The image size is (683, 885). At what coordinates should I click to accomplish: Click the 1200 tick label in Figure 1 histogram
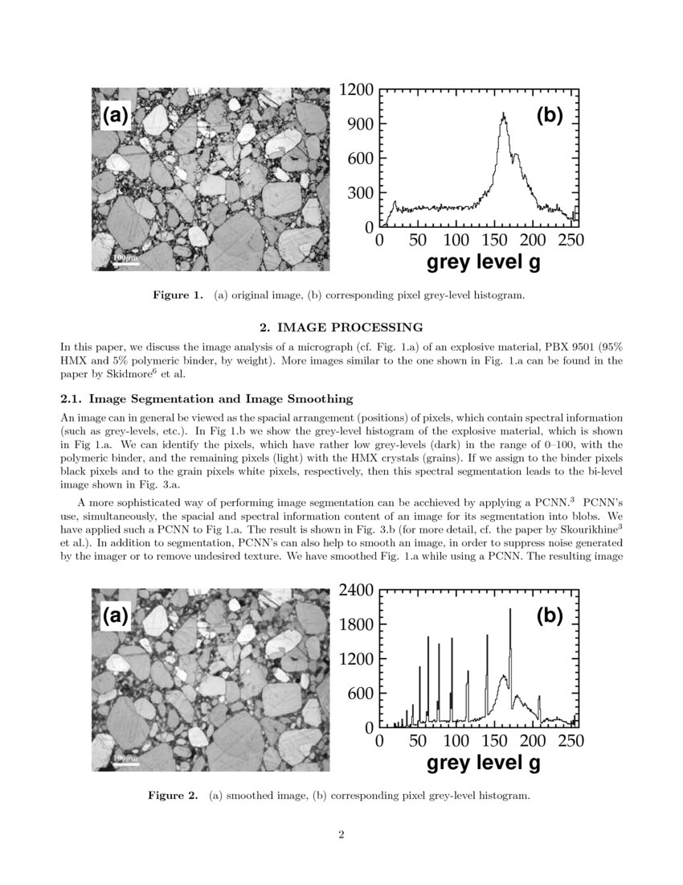357,90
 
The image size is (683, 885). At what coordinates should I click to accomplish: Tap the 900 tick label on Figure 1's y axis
361,124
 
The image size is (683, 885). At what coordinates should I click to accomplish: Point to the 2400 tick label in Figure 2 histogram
357,591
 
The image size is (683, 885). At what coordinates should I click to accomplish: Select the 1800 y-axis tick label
357,625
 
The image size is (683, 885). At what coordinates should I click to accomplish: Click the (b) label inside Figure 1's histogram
550,116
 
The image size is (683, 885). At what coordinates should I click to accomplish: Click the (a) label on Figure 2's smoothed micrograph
114,616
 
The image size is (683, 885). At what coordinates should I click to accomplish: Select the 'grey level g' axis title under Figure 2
483,763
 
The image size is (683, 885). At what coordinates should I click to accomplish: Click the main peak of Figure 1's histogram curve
504,115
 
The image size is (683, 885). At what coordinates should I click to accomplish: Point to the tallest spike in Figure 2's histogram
510,611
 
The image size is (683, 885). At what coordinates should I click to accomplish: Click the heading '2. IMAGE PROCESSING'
341,327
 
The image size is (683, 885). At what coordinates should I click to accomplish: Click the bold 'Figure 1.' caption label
178,295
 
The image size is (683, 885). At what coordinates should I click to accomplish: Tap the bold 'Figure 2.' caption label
172,796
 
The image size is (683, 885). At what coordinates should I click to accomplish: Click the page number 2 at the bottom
341,834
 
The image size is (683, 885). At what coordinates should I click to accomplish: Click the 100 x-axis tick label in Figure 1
456,240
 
